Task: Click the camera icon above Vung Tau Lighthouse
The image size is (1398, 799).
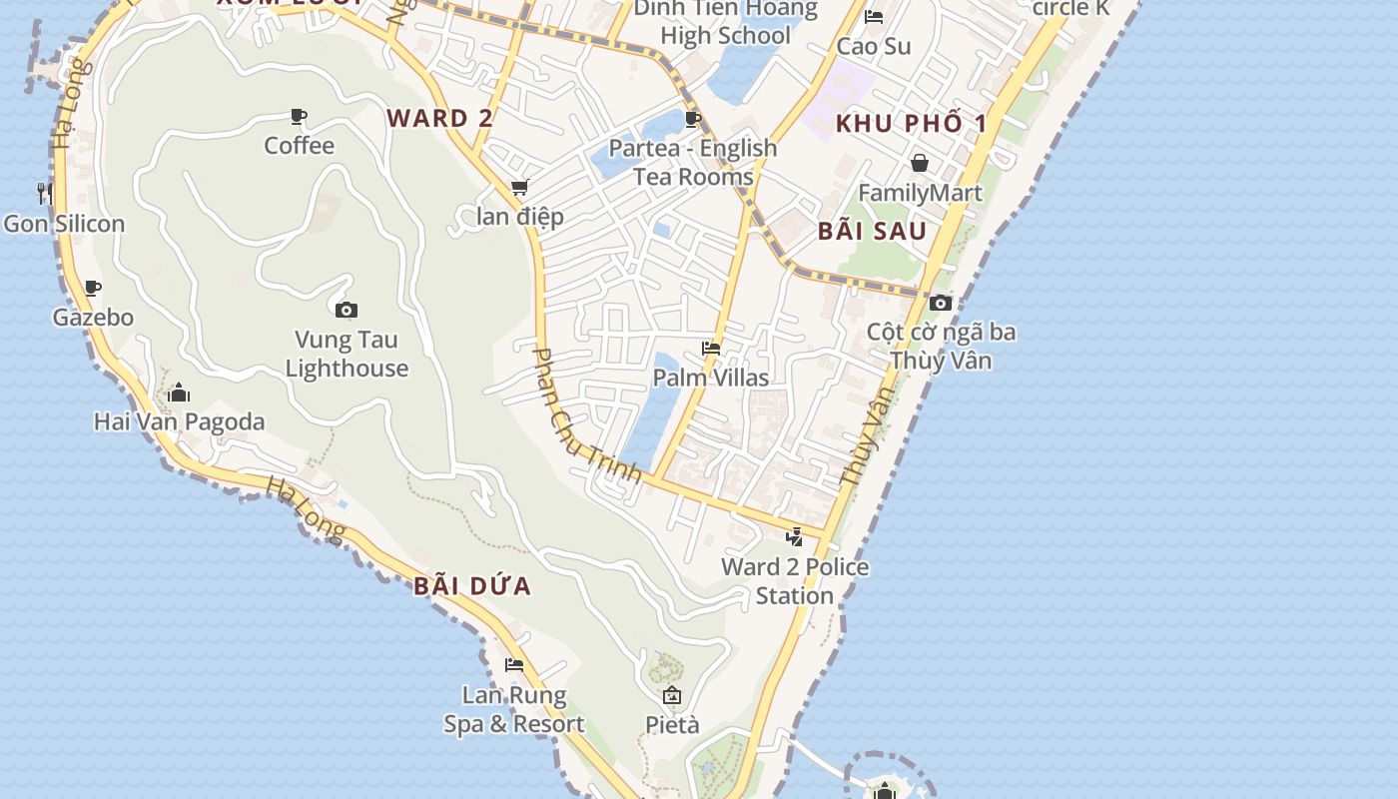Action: point(347,310)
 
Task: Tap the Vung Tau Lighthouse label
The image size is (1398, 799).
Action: point(347,355)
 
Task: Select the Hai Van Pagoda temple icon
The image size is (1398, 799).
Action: point(179,393)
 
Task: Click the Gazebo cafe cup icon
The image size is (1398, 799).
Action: point(93,289)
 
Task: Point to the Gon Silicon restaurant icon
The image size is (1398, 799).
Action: point(45,193)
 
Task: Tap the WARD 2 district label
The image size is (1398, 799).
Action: point(440,118)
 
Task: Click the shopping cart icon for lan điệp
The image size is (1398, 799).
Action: point(519,187)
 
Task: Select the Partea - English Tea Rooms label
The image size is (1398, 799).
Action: point(693,163)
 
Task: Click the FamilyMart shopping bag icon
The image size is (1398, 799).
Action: point(920,163)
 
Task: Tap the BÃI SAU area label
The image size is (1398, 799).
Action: point(873,231)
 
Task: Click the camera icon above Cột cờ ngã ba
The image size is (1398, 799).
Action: point(940,303)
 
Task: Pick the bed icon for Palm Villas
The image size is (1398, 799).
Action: point(711,349)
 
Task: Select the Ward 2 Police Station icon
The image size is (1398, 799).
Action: point(794,537)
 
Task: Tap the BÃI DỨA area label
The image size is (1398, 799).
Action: point(472,586)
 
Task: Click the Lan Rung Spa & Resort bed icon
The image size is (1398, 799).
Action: point(514,665)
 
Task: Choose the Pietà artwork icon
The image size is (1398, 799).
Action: point(672,695)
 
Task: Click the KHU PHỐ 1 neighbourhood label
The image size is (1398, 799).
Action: point(911,124)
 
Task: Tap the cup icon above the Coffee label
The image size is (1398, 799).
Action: point(299,117)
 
